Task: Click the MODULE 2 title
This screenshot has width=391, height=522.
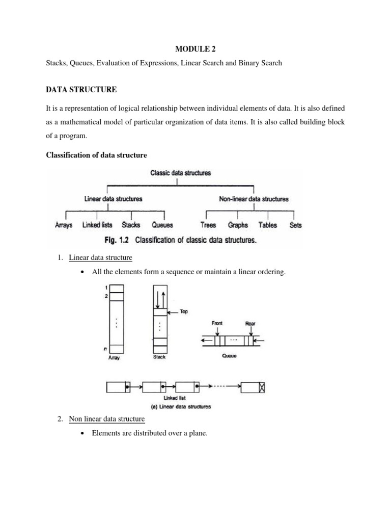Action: pyautogui.click(x=195, y=48)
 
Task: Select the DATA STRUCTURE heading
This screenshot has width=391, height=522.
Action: pyautogui.click(x=81, y=90)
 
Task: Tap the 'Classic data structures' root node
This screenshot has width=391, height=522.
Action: pyautogui.click(x=180, y=173)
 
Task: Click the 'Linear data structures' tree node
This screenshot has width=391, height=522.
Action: pyautogui.click(x=113, y=199)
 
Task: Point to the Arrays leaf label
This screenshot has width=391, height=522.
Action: pyautogui.click(x=64, y=225)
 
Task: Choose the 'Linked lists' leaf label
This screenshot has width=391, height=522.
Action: pyautogui.click(x=97, y=225)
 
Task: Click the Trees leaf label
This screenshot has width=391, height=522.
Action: pyautogui.click(x=208, y=225)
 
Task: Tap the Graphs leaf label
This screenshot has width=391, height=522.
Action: pyautogui.click(x=238, y=225)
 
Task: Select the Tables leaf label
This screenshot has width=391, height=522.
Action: pyautogui.click(x=268, y=225)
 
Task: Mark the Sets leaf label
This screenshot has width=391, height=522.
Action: pyautogui.click(x=295, y=225)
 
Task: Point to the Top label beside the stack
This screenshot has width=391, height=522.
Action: pyautogui.click(x=184, y=312)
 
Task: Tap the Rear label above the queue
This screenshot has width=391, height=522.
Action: pyautogui.click(x=250, y=323)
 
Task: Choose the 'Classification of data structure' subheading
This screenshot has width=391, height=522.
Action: pyautogui.click(x=97, y=154)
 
